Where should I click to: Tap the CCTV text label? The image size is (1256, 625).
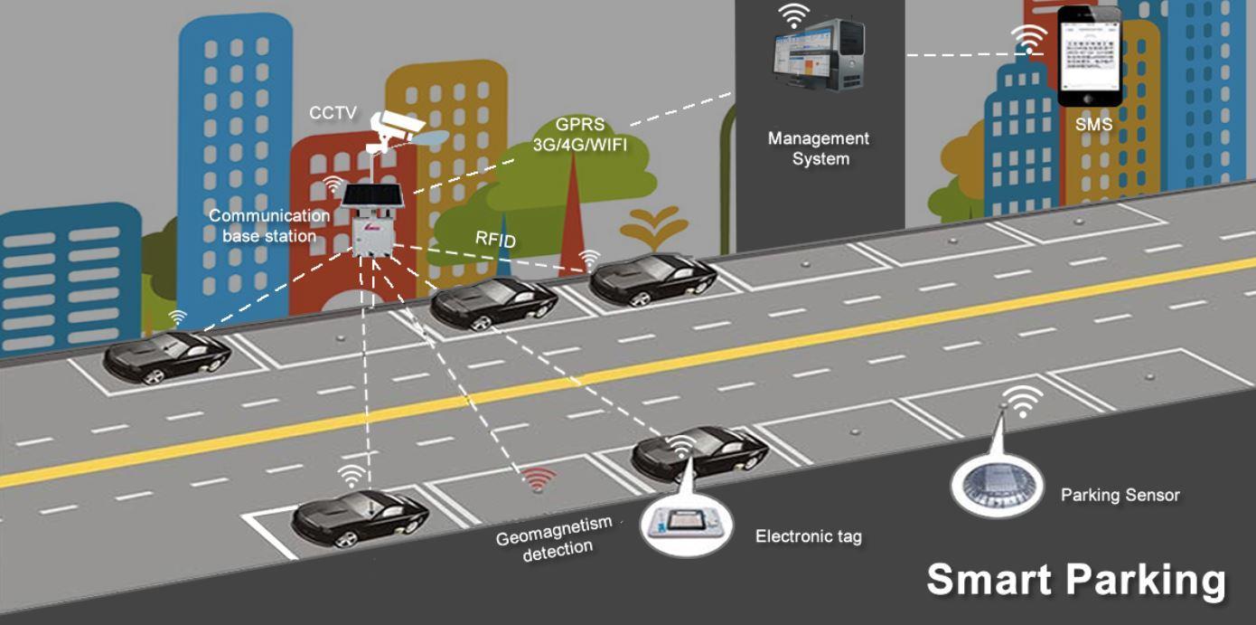tap(333, 114)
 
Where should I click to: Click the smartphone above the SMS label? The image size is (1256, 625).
tap(1089, 56)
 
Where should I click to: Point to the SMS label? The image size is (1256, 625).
tap(1093, 125)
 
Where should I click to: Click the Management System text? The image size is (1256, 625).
tap(819, 148)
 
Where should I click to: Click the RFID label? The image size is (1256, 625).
tap(495, 239)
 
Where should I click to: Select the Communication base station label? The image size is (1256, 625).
tap(269, 225)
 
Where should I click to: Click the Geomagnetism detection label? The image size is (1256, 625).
tap(555, 538)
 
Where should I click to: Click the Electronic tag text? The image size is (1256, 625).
tap(808, 536)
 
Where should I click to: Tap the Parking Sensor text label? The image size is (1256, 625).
tap(1120, 496)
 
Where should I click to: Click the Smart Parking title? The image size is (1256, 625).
tap(1074, 580)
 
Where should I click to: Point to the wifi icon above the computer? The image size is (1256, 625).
tap(795, 15)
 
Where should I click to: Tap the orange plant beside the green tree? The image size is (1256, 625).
tap(652, 225)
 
